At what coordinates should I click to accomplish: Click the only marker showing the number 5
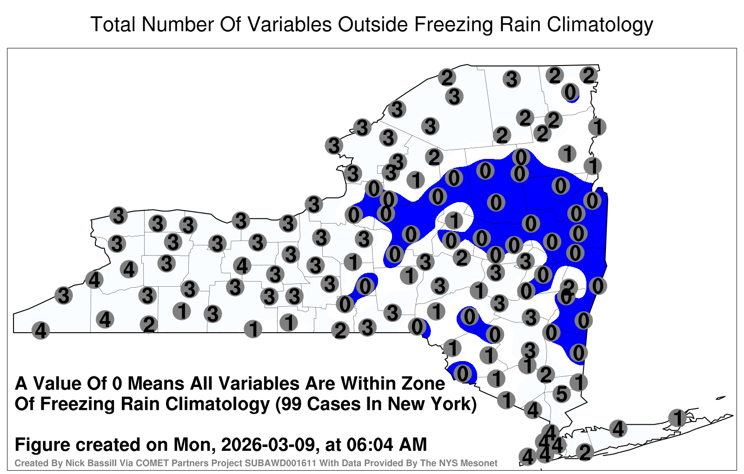[x=562, y=394]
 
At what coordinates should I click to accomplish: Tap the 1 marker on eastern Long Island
[x=678, y=418]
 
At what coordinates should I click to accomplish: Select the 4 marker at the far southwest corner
[x=40, y=330]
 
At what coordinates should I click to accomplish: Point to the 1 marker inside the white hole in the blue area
[x=454, y=220]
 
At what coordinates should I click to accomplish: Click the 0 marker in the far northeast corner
[x=571, y=92]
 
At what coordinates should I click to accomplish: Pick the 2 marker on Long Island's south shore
[x=585, y=452]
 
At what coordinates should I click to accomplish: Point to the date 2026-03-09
[x=267, y=444]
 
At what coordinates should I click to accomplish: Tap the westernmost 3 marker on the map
[x=63, y=295]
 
